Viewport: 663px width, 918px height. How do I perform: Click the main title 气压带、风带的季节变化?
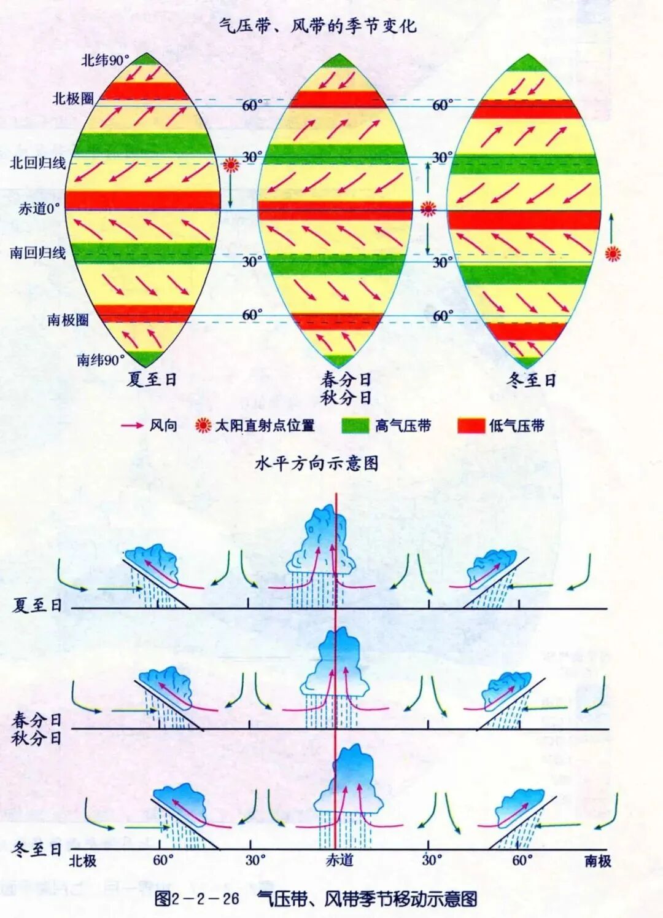click(x=317, y=26)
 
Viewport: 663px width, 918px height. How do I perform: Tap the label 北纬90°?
click(x=106, y=60)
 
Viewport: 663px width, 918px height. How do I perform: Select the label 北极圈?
click(x=73, y=98)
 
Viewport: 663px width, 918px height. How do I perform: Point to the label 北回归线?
click(x=38, y=163)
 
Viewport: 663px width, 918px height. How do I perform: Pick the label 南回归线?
click(x=38, y=253)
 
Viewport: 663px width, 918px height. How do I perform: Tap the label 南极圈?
click(x=68, y=320)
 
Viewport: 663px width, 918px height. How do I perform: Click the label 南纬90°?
click(x=101, y=359)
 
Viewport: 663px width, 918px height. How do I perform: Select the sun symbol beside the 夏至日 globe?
click(x=231, y=165)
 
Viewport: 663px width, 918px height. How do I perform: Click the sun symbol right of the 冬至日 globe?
click(x=613, y=253)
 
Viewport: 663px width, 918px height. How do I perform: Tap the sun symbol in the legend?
click(x=203, y=425)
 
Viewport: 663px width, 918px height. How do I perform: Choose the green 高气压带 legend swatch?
click(x=355, y=426)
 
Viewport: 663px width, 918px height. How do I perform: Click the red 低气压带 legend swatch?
click(x=471, y=426)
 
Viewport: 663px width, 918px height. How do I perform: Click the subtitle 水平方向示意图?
click(x=316, y=463)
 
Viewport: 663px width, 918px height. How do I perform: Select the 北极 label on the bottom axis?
click(x=83, y=860)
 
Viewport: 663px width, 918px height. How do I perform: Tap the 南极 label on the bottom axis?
click(x=597, y=861)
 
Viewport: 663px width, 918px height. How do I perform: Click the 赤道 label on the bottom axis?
click(x=339, y=860)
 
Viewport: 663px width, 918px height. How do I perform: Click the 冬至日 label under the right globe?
click(x=531, y=380)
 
